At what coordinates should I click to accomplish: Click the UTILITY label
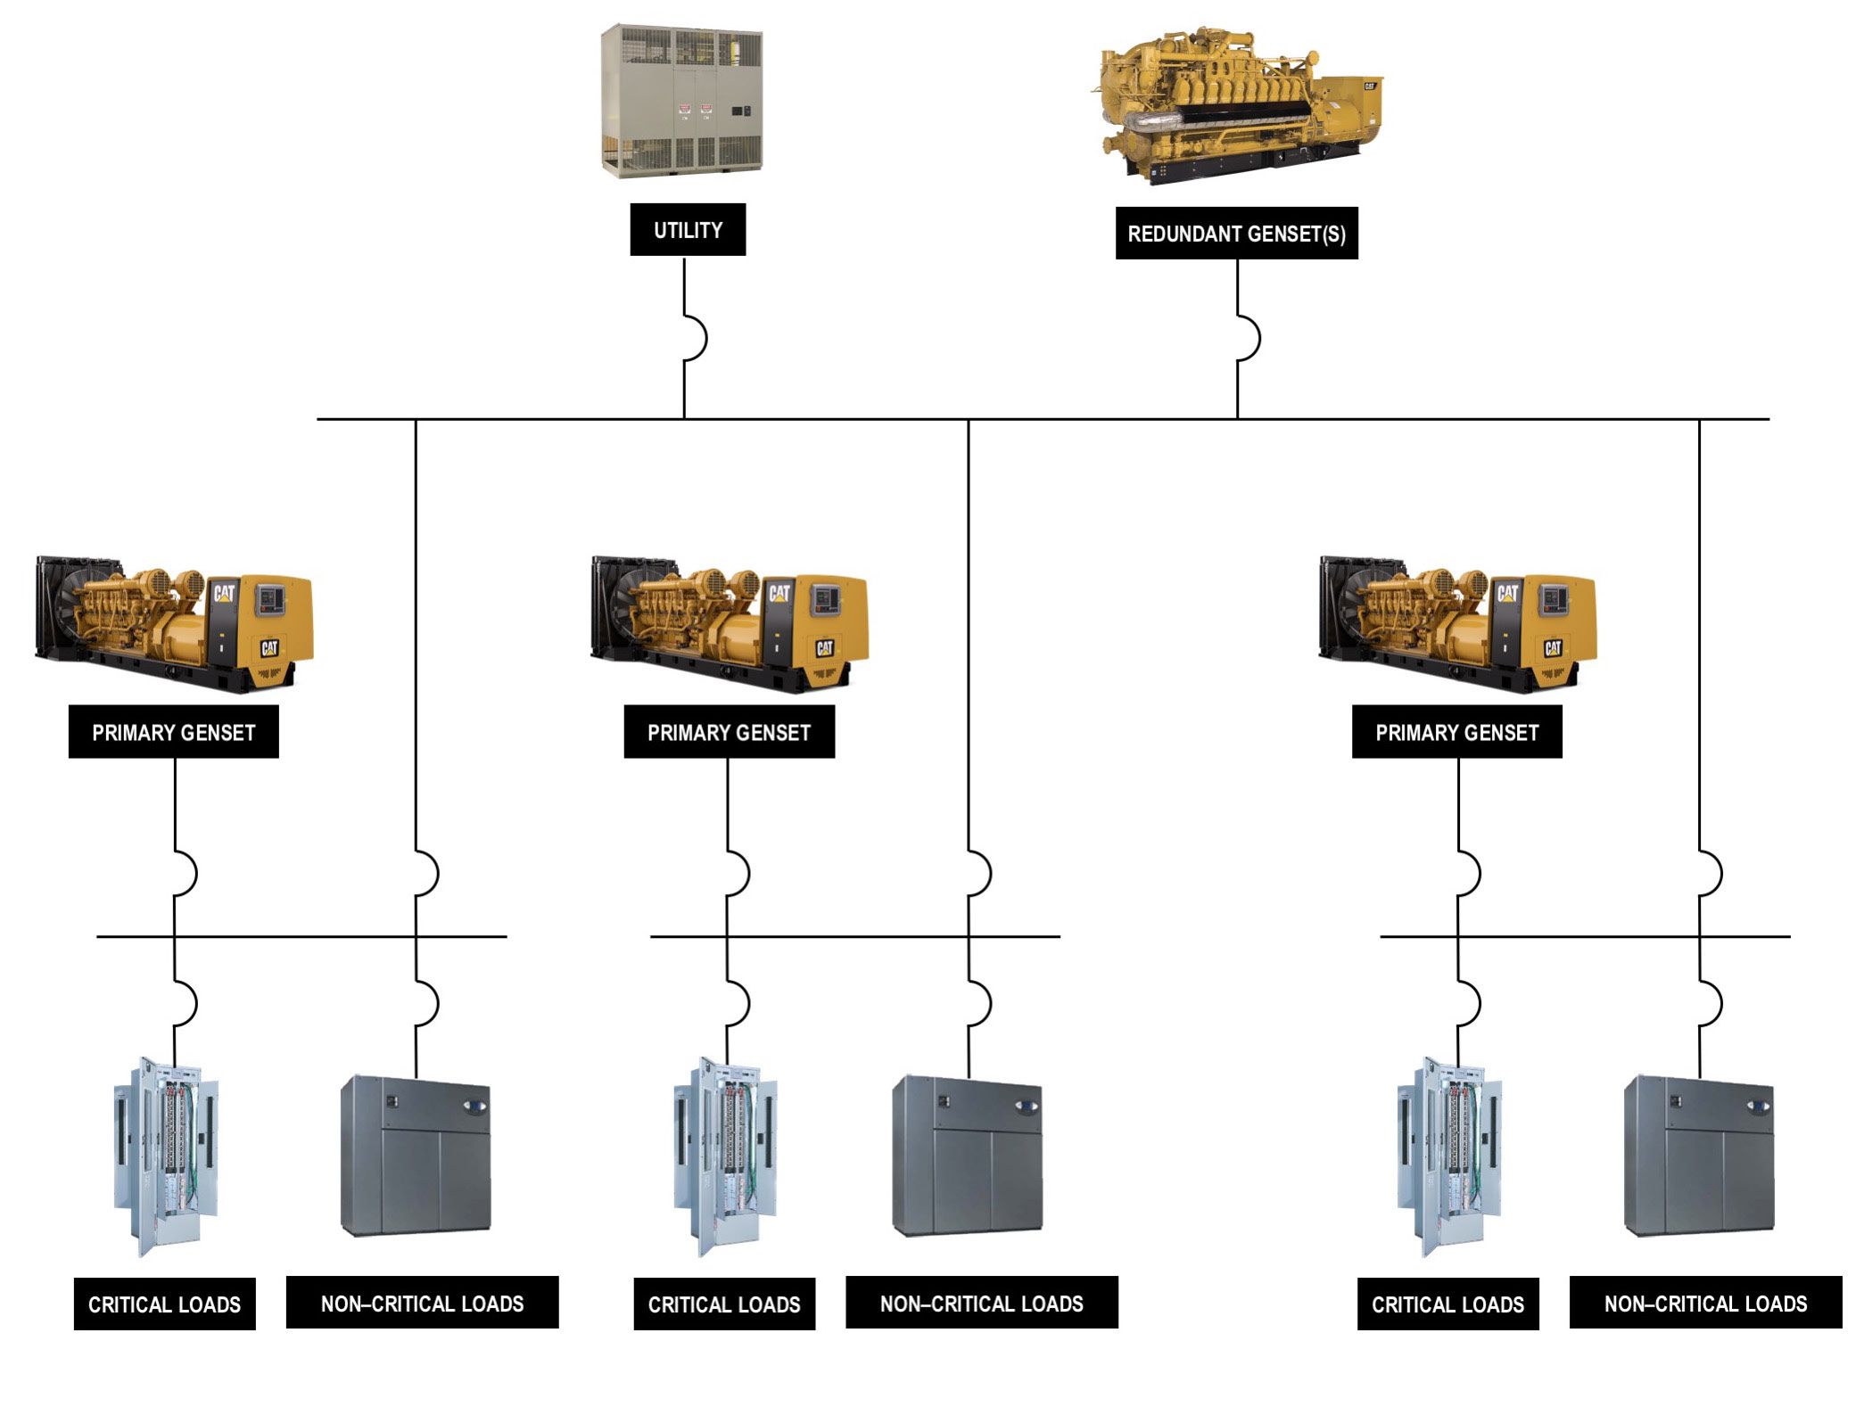[688, 230]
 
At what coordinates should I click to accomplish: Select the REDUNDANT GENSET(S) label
[1236, 234]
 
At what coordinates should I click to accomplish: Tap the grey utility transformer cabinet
[681, 101]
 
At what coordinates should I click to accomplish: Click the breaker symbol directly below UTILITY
[694, 339]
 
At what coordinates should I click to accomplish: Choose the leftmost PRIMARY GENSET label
[174, 732]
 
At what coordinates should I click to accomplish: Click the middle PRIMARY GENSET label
[729, 732]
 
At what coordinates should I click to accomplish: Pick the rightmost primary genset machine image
[1457, 624]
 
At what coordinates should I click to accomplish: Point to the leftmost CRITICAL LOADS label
[164, 1304]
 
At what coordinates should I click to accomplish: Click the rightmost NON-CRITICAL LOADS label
[1705, 1304]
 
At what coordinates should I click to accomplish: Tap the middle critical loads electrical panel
[724, 1156]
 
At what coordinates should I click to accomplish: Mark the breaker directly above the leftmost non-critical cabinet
[425, 1004]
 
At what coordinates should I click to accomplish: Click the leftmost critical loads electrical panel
[166, 1156]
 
